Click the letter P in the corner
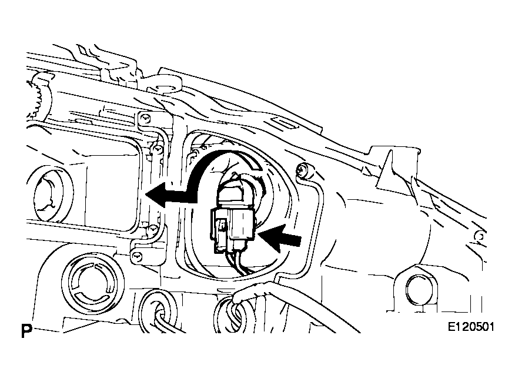pos(26,331)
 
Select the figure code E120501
pos(471,327)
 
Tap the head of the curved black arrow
pos(156,195)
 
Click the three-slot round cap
pos(93,283)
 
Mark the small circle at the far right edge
pos(480,236)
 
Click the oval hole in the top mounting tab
pos(164,88)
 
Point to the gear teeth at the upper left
pos(38,99)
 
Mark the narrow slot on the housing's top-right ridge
pos(286,124)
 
